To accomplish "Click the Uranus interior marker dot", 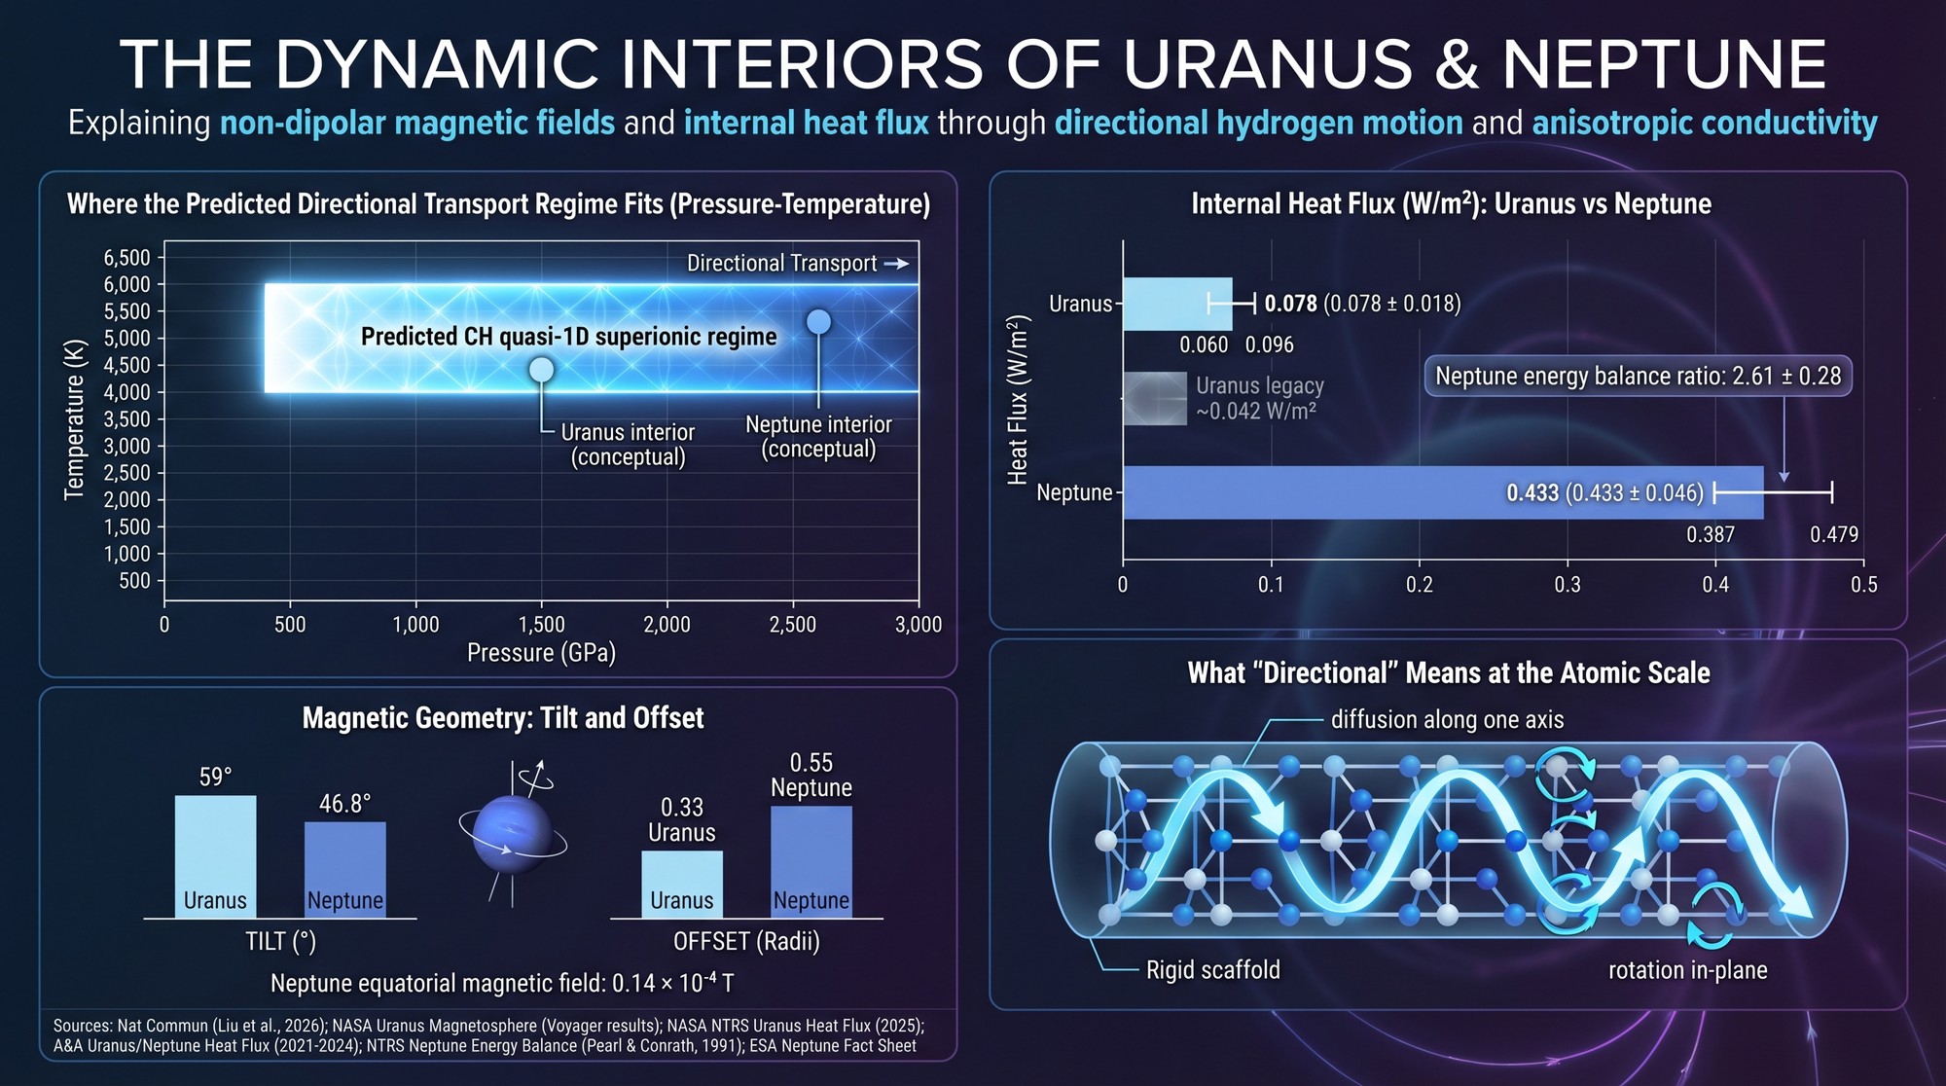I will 541,370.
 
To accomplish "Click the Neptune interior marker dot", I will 819,322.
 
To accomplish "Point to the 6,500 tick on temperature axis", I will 127,258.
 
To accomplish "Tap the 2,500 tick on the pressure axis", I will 793,625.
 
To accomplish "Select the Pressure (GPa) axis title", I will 541,653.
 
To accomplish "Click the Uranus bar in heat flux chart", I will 1177,305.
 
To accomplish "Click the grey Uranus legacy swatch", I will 1155,399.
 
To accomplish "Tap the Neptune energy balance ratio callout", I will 1638,377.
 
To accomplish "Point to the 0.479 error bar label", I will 1833,534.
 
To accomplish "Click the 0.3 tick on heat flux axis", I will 1568,585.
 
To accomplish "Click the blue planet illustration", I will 512,834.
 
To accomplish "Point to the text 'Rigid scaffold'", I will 1212,970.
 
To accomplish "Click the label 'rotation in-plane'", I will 1687,970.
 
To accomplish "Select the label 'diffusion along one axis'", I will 1447,720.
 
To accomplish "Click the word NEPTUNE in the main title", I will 1664,65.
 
